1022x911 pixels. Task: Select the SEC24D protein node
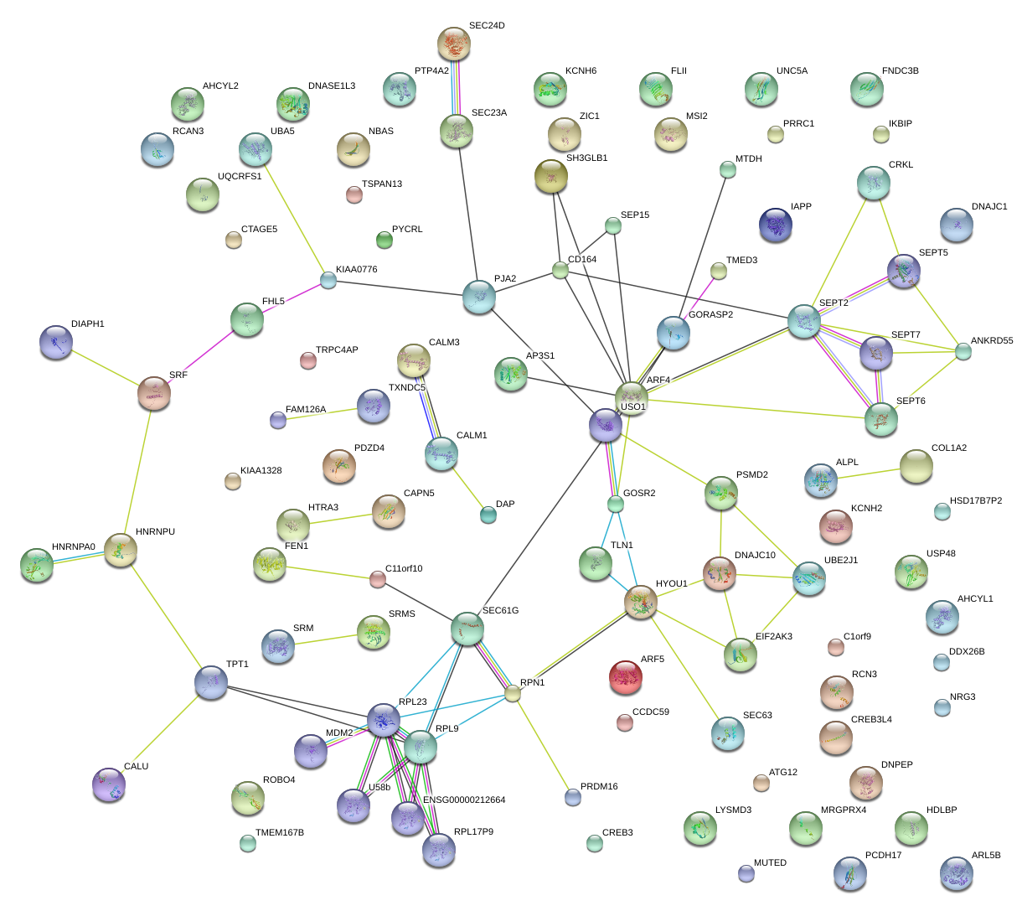click(x=455, y=44)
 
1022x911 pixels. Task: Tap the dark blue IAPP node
click(x=776, y=225)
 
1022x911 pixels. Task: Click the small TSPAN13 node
click(x=354, y=195)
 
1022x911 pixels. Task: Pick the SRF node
click(x=154, y=394)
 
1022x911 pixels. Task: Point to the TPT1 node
click(x=211, y=683)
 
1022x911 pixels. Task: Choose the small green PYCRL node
click(x=385, y=241)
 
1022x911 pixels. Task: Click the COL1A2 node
click(x=916, y=467)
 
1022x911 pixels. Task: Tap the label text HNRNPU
click(x=155, y=532)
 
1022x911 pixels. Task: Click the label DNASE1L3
click(x=331, y=86)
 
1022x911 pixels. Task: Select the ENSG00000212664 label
click(x=464, y=800)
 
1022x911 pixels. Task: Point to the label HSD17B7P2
click(x=975, y=501)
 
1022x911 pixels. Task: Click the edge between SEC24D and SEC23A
click(x=456, y=88)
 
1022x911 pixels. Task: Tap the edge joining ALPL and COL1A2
click(x=868, y=474)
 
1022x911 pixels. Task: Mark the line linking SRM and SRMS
click(x=326, y=639)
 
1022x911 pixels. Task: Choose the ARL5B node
click(x=957, y=873)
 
